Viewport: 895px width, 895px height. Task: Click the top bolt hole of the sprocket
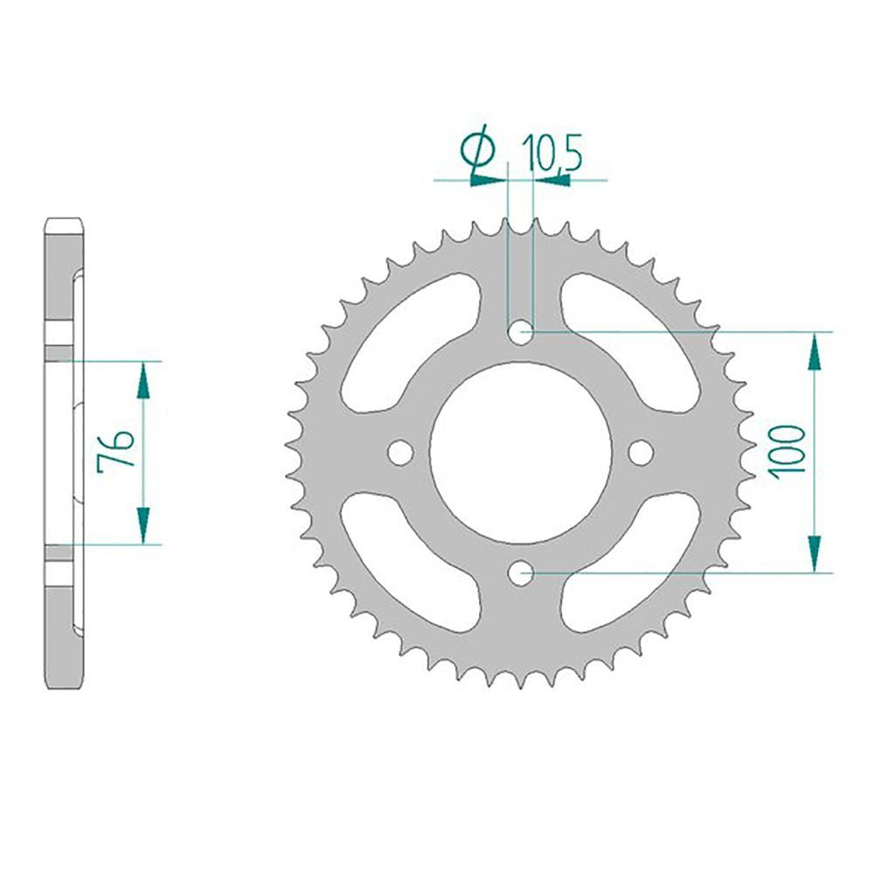520,331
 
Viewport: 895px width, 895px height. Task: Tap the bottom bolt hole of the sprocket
520,573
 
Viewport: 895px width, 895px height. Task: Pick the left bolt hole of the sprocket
399,452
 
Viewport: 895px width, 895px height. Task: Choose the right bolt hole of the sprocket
641,452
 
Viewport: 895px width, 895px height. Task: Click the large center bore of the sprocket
520,452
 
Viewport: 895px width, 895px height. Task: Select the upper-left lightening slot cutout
408,343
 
